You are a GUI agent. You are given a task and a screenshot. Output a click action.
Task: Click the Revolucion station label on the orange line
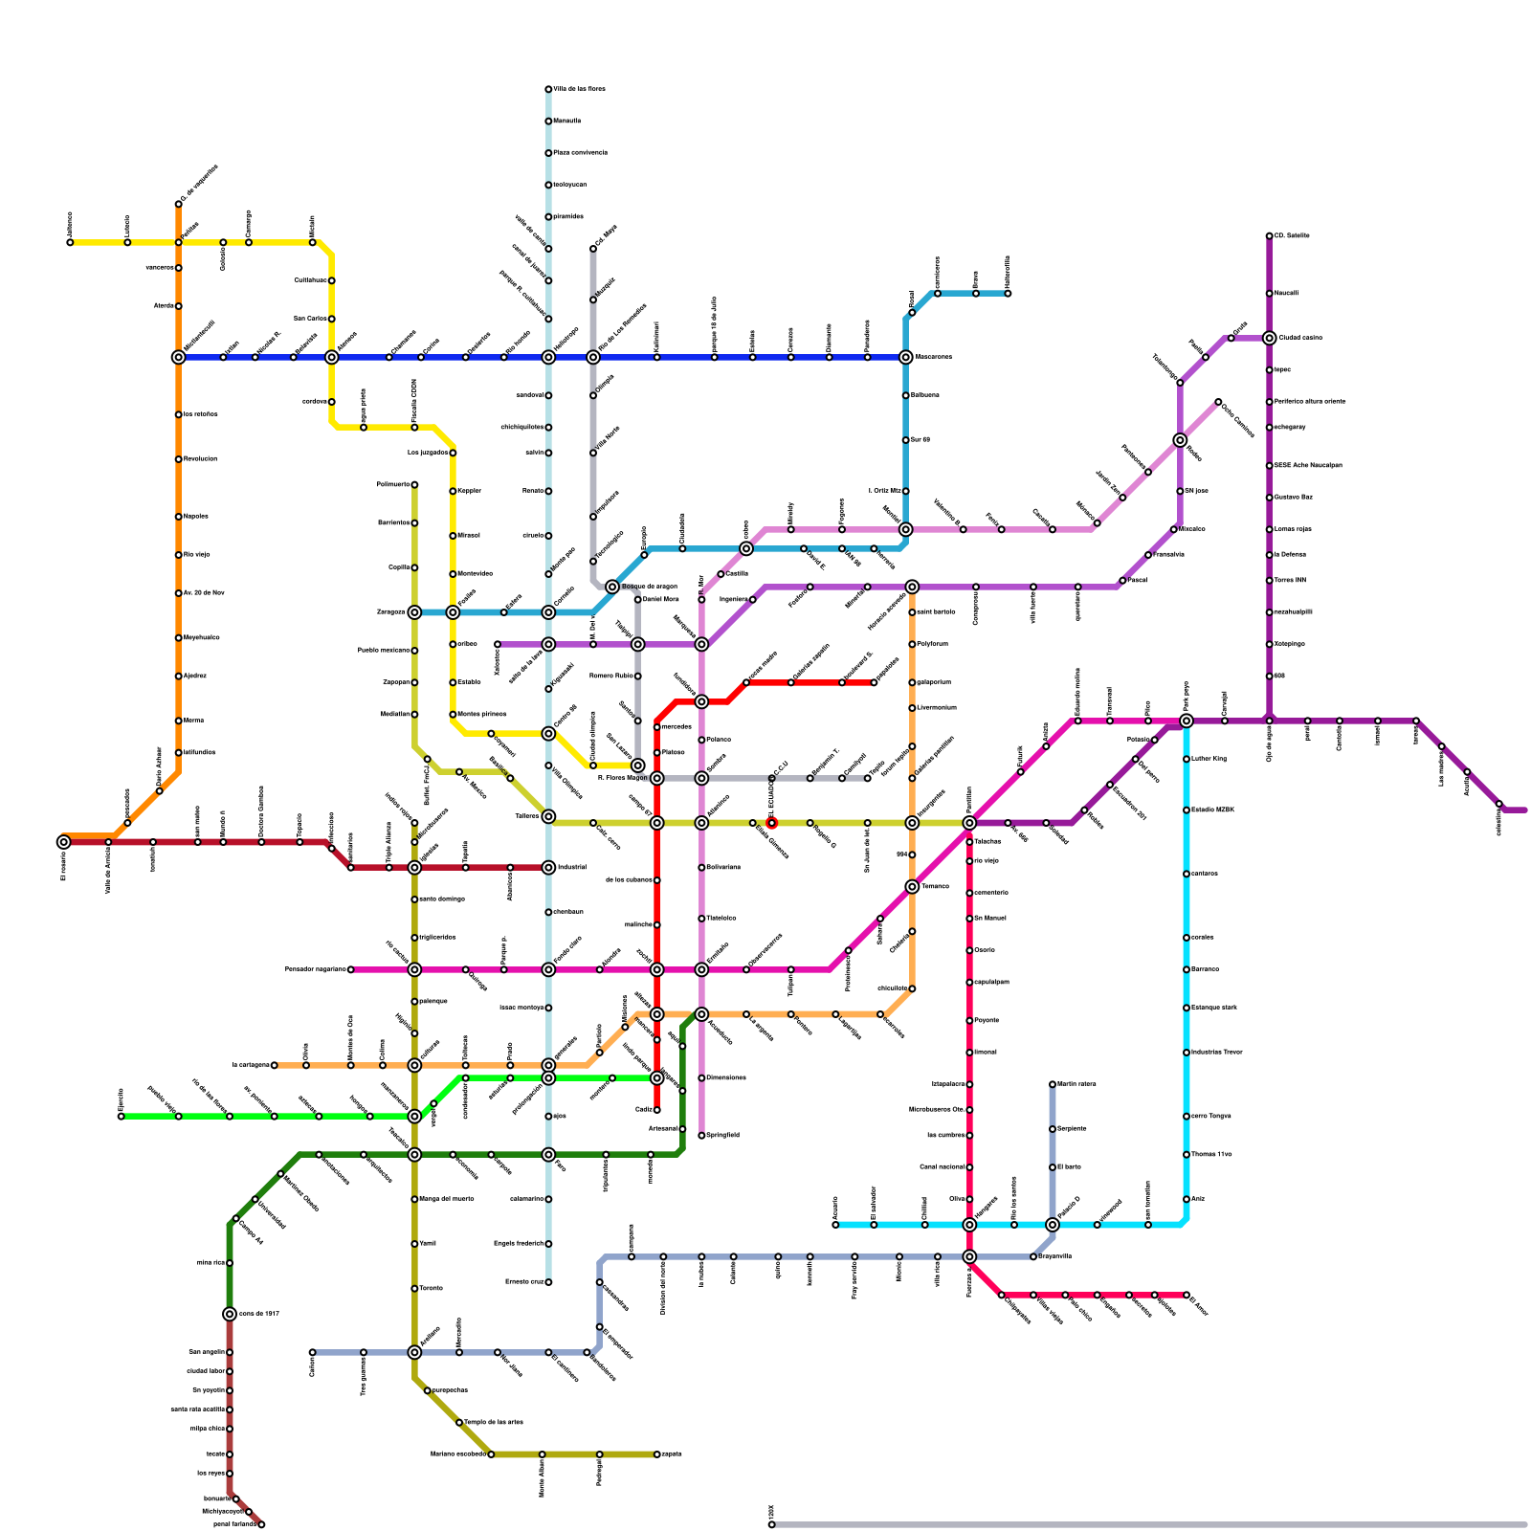201,459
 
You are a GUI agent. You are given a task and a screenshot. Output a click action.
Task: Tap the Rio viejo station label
197,555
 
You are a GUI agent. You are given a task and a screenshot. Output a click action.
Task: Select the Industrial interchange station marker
548,868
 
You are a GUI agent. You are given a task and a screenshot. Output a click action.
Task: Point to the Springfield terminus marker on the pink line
701,1136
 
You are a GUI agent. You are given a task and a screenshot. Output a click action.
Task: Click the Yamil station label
428,1244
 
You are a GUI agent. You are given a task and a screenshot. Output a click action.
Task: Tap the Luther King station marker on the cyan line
1187,759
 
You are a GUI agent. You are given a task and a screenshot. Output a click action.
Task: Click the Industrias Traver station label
1217,1053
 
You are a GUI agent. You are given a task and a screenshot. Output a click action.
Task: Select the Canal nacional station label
942,1167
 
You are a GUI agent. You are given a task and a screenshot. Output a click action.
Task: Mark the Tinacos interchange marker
912,887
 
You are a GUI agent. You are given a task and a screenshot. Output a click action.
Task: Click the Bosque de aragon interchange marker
612,587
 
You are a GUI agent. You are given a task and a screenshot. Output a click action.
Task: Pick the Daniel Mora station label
660,600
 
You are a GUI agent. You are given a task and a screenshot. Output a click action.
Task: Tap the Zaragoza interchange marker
414,612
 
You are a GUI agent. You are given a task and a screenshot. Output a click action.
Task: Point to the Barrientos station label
394,523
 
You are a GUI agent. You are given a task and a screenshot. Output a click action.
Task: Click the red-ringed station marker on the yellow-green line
771,823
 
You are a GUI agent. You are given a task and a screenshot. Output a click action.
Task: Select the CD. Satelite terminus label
1292,235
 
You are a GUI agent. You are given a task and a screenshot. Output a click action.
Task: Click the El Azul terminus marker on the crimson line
1187,1295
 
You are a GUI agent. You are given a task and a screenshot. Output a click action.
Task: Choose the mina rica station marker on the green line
230,1263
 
